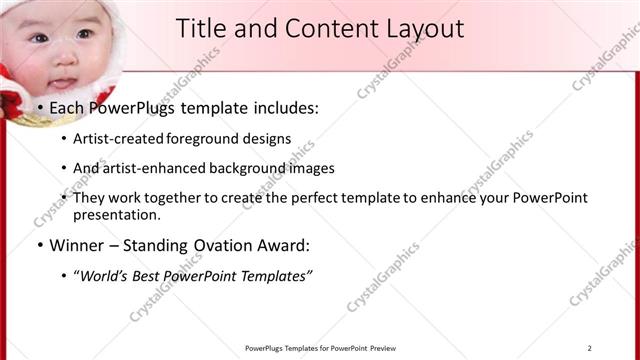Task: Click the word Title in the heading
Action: [202, 28]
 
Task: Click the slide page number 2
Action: [590, 347]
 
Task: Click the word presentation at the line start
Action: [116, 215]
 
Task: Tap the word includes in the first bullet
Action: [281, 108]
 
